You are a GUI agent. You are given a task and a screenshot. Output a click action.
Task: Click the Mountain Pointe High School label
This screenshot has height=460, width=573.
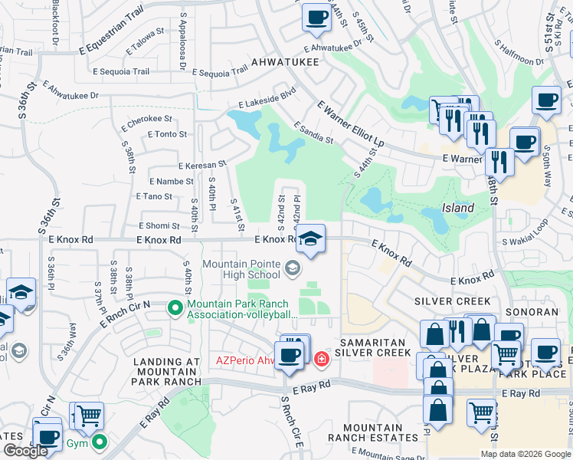point(241,269)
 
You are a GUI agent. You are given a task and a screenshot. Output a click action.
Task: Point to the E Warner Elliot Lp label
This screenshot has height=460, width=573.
point(350,122)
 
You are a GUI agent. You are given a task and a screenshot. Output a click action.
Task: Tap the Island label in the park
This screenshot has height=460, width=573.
point(457,208)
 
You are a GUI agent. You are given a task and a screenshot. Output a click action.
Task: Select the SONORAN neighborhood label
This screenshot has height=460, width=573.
point(532,312)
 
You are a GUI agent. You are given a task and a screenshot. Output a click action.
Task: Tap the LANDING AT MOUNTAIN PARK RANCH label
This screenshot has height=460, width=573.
point(166,371)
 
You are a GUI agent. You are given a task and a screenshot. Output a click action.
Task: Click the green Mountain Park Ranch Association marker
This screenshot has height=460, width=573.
point(175,309)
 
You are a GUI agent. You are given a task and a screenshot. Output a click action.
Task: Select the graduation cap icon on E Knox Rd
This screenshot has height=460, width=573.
point(311,238)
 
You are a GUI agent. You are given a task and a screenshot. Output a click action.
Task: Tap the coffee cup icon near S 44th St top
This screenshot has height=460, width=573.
point(315,17)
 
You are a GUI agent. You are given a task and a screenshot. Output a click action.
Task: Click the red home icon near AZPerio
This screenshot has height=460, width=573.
point(322,357)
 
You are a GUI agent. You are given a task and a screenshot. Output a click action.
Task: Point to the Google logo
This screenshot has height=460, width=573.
point(25,451)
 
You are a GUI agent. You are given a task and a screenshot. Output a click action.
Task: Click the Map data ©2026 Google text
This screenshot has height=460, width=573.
point(526,454)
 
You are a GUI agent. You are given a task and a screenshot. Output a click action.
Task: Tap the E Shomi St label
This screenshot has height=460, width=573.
point(159,225)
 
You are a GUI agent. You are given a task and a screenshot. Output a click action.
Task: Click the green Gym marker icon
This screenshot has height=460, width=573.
point(100,442)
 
